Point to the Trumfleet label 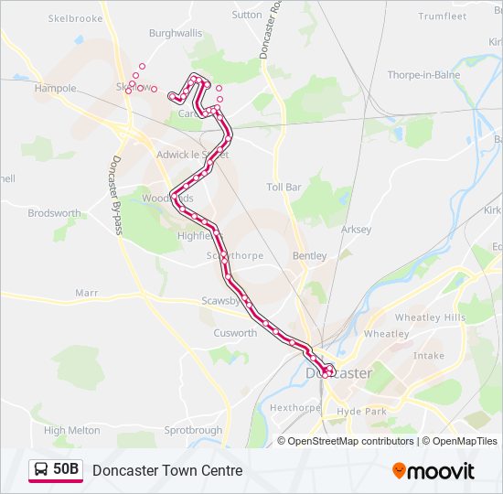pyautogui.click(x=442, y=16)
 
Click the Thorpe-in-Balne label pyautogui.click(x=422, y=75)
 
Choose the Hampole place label pyautogui.click(x=55, y=89)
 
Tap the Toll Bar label pyautogui.click(x=284, y=187)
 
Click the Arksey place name pyautogui.click(x=356, y=230)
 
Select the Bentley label pyautogui.click(x=309, y=256)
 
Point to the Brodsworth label pyautogui.click(x=54, y=213)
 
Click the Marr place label pyautogui.click(x=86, y=293)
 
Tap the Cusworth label pyautogui.click(x=235, y=333)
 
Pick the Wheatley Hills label pyautogui.click(x=430, y=317)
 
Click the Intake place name pyautogui.click(x=428, y=356)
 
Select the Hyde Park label pyautogui.click(x=362, y=412)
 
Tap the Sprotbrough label pyautogui.click(x=193, y=430)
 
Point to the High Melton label pyautogui.click(x=71, y=430)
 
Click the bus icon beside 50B pyautogui.click(x=40, y=470)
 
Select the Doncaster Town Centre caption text pyautogui.click(x=167, y=470)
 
